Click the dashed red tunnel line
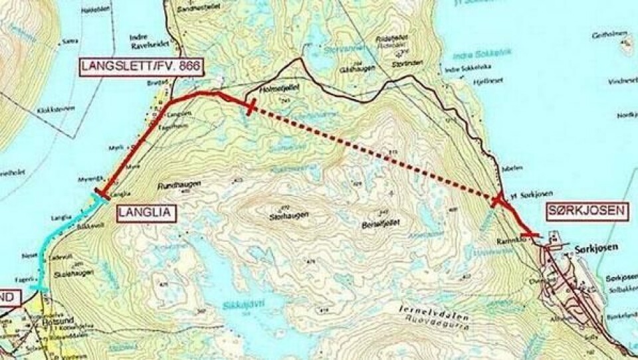372,152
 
